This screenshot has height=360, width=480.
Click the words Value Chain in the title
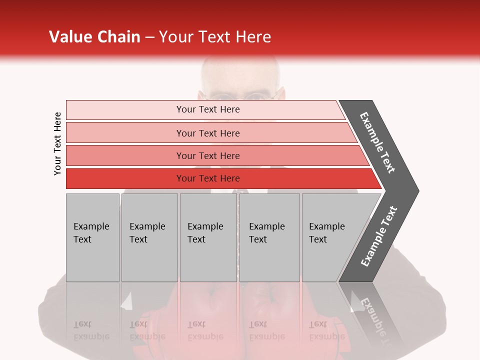pos(94,37)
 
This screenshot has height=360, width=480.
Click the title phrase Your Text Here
pos(215,37)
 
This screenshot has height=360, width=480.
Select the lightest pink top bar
pos(125,109)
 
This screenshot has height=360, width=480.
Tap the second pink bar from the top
pos(125,133)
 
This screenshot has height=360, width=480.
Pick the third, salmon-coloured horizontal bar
pos(125,155)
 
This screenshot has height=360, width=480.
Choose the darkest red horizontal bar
pos(125,178)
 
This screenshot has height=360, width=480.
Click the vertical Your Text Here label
pos(57,143)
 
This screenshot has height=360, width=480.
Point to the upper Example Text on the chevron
pos(377,142)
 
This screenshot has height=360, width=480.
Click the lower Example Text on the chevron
pos(378,236)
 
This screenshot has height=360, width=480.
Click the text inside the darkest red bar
pos(208,178)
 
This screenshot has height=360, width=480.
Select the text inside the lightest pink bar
pos(208,109)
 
